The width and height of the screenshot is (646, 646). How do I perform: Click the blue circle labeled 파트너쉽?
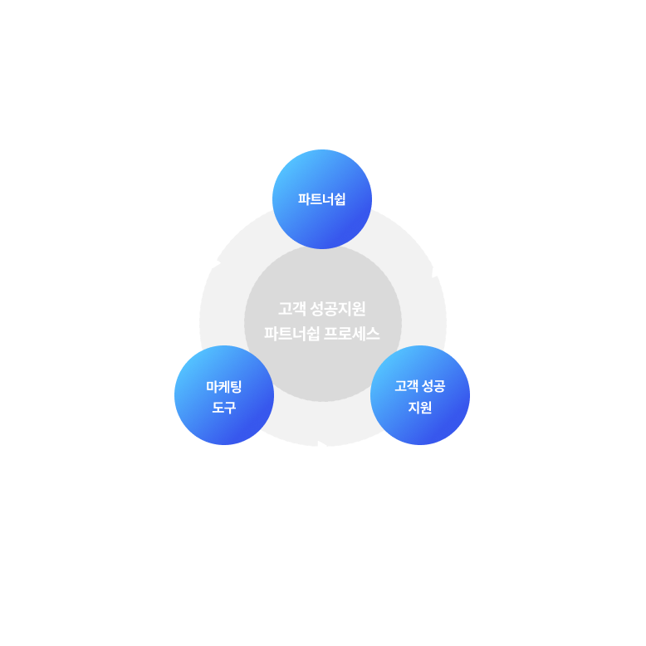(x=322, y=199)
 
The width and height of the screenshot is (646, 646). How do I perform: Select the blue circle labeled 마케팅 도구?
(x=224, y=395)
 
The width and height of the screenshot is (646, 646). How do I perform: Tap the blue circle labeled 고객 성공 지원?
(x=420, y=395)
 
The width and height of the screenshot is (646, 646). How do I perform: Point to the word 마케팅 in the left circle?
(x=224, y=386)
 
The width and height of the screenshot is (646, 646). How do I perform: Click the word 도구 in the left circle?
(x=224, y=408)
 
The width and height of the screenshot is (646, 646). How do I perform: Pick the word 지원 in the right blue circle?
(x=420, y=408)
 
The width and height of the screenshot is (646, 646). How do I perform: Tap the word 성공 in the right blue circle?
(x=433, y=386)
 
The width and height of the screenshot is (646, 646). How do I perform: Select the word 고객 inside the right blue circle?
(x=406, y=386)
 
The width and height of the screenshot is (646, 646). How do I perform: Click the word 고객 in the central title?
(x=291, y=310)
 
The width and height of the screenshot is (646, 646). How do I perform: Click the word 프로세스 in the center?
(x=352, y=335)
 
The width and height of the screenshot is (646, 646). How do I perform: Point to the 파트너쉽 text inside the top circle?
(x=322, y=199)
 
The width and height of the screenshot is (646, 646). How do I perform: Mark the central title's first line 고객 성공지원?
(x=322, y=310)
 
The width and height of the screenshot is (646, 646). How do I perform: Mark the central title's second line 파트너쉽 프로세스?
(x=322, y=335)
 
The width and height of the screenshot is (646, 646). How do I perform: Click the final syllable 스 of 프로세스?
(x=374, y=335)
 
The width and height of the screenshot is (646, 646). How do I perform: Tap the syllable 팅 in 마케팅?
(x=236, y=386)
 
